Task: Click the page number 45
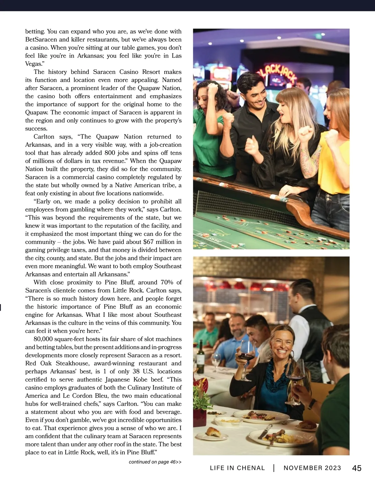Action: (357, 468)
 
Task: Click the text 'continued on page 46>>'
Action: (155, 462)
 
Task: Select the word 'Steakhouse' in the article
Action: (72, 363)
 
